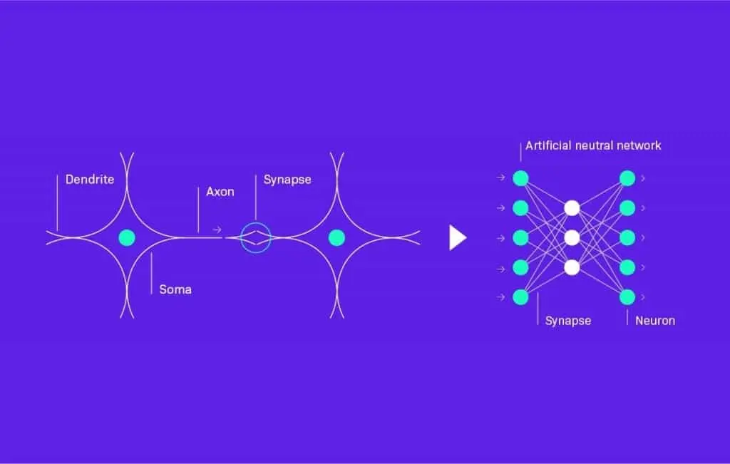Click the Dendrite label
89,180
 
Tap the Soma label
175,290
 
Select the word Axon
220,192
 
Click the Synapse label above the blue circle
287,180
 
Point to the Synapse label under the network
567,321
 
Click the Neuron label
654,321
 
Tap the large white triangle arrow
457,237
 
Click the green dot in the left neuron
127,237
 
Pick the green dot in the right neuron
336,237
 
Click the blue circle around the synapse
255,237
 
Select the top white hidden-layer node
571,207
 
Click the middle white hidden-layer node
571,237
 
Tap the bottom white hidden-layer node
571,267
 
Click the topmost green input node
520,177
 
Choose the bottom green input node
520,297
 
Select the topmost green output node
627,177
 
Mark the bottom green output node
627,297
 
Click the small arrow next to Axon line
217,230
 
